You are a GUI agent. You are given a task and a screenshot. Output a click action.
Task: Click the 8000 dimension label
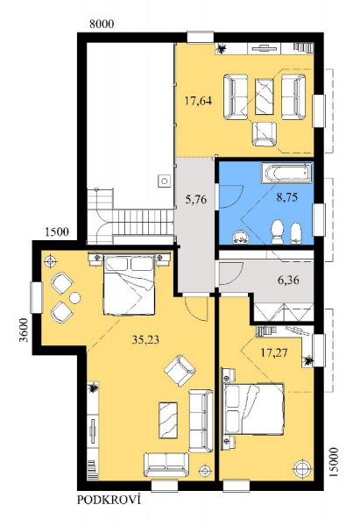coord(102,25)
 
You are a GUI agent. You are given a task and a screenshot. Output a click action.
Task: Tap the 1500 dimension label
coord(57,231)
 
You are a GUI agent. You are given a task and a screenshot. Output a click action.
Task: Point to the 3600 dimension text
coord(24,330)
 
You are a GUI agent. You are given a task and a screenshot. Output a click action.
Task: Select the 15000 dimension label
coord(334,462)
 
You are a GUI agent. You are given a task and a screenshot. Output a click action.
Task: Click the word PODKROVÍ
coord(109,500)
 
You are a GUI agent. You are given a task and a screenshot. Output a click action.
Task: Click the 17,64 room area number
coord(199,101)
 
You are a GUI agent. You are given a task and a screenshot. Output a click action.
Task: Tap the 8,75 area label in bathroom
coord(287,197)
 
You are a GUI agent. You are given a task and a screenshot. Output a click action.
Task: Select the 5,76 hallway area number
coord(196,200)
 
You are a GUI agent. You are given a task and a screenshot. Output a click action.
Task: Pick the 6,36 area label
coord(288,280)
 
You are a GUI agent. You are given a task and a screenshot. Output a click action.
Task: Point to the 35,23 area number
coord(145,340)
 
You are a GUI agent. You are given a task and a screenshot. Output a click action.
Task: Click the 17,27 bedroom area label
coord(274,352)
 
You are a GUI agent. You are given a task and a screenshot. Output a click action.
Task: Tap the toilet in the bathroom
coord(278,231)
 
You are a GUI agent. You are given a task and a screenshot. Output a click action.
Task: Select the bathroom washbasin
coord(242,237)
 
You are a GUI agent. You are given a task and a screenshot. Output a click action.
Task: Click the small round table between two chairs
coord(74,297)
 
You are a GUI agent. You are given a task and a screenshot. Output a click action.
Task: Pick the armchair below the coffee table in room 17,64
coord(265,134)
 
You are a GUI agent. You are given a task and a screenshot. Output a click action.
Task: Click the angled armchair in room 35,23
coord(180,370)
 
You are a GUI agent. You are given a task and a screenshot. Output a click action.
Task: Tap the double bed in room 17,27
coord(253,409)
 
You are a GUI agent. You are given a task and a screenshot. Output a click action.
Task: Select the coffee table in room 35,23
coord(168,420)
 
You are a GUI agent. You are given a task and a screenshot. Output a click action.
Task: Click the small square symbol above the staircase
coord(164,181)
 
